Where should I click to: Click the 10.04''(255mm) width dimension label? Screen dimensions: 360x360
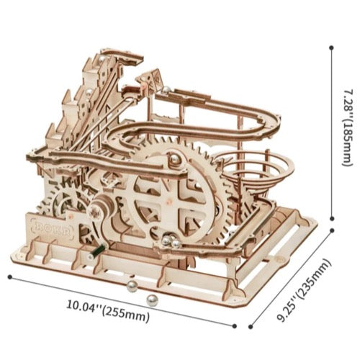[x=108, y=310]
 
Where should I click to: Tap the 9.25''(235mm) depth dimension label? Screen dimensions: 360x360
[x=304, y=289]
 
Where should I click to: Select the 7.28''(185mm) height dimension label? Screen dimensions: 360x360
[x=348, y=127]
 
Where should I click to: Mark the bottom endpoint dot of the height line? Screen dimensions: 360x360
[x=332, y=218]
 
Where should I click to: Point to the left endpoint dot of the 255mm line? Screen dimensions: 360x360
[x=10, y=277]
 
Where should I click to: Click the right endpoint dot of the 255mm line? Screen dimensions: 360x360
[x=235, y=326]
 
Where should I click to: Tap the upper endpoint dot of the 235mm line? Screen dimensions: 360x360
[x=333, y=230]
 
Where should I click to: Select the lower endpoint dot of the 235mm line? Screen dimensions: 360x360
[x=251, y=327]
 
